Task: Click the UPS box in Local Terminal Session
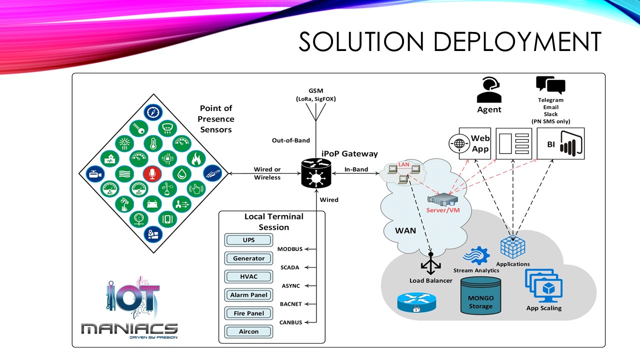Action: (248, 240)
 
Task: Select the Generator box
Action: (248, 258)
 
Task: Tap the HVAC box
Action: (248, 276)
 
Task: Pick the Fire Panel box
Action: (248, 313)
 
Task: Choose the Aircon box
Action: (248, 331)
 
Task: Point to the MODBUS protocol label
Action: (290, 249)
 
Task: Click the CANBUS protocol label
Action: (290, 322)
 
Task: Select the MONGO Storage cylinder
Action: (480, 296)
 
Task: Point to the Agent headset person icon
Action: (488, 90)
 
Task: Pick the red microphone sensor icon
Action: (152, 173)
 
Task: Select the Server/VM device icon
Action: (442, 199)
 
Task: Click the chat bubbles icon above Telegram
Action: (550, 85)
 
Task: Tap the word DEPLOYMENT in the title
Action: (517, 41)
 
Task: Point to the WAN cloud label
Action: (405, 230)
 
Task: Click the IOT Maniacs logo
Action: (129, 307)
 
